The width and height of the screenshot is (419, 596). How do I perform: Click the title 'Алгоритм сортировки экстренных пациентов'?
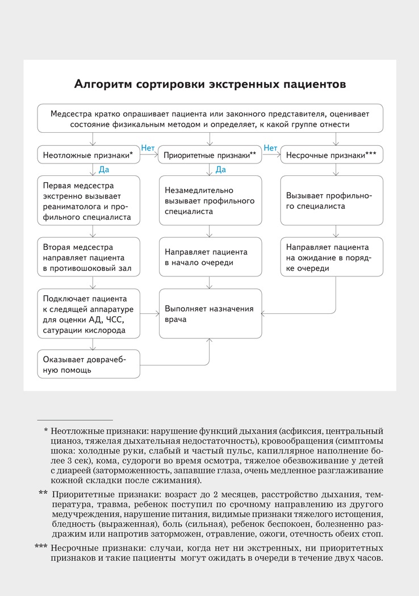(209, 85)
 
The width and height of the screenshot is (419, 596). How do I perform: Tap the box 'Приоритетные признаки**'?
(210, 154)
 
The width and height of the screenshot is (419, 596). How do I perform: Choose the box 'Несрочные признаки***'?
(332, 154)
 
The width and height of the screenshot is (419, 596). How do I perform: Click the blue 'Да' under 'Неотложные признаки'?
(104, 169)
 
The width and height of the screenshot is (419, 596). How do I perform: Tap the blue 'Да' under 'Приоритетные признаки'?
(221, 169)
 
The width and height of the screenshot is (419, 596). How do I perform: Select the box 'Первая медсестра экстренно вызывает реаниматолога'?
(89, 202)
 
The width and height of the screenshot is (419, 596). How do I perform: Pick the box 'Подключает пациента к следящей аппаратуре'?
(89, 312)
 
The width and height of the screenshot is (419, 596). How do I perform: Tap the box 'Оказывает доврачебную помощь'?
(89, 364)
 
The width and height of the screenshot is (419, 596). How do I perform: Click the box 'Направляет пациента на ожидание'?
(332, 257)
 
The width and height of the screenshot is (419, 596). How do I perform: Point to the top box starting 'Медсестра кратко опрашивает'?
(209, 118)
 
